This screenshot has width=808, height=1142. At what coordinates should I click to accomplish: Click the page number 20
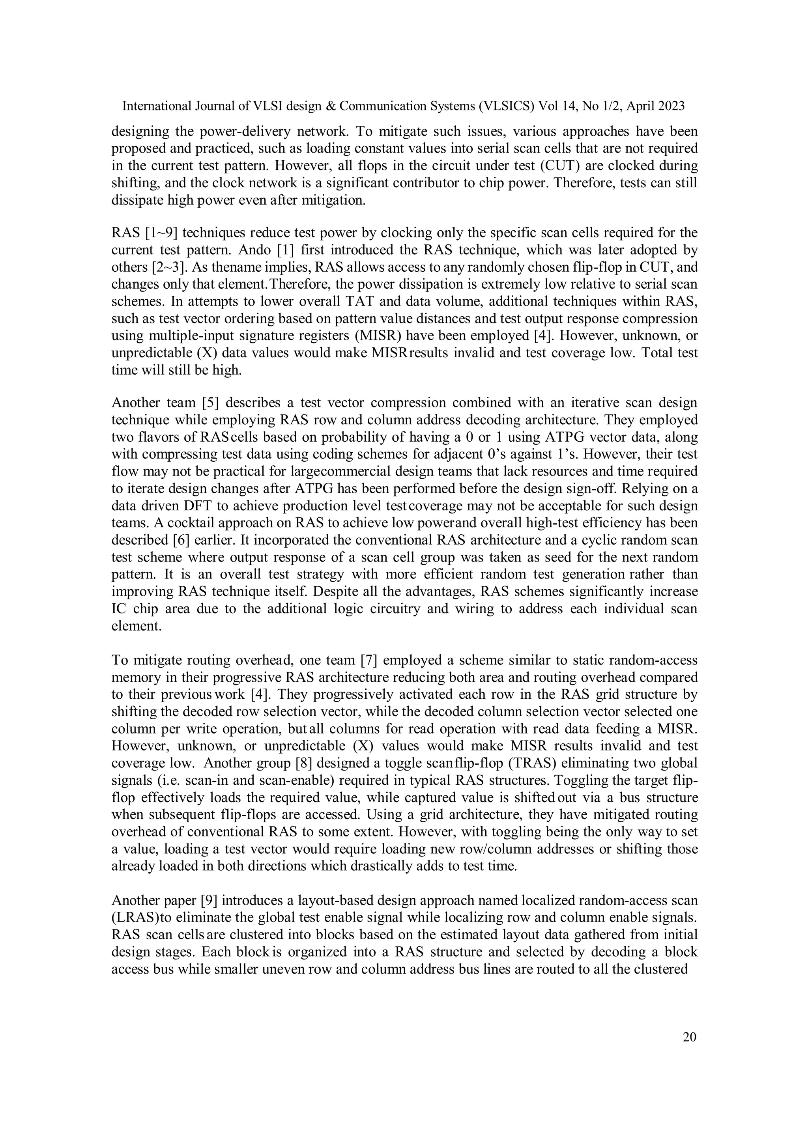coord(689,1037)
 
